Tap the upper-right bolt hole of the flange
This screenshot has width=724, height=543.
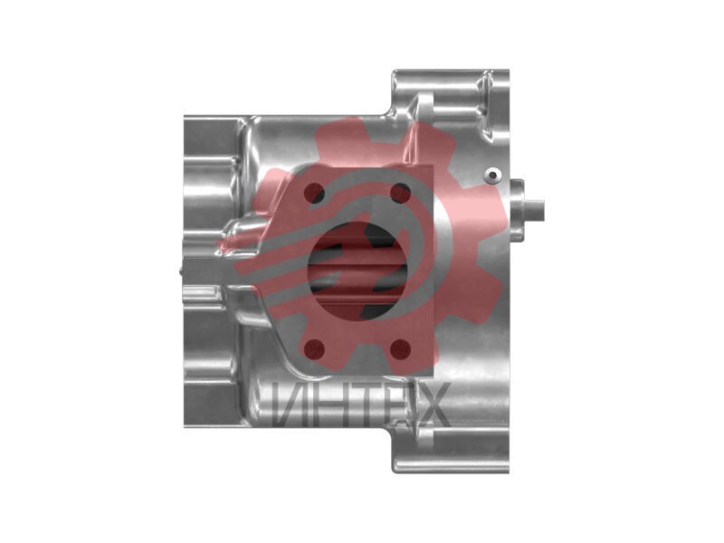click(x=400, y=193)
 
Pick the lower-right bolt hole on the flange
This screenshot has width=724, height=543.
click(x=400, y=349)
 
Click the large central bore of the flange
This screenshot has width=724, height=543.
click(x=358, y=271)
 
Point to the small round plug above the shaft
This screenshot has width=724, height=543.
click(x=493, y=176)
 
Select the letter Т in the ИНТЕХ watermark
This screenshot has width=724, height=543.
click(x=360, y=405)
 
